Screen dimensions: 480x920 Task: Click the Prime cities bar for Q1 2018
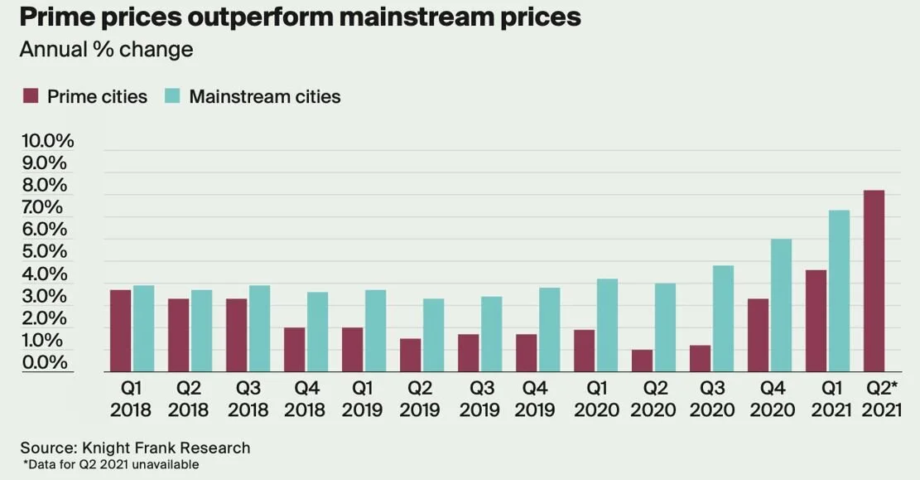point(121,330)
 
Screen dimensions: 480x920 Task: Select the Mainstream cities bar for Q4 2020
point(781,305)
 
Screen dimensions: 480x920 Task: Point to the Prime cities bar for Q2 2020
point(643,361)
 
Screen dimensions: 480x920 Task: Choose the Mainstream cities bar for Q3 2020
point(723,318)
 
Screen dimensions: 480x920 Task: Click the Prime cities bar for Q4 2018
point(294,349)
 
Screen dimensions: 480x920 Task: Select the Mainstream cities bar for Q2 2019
point(433,335)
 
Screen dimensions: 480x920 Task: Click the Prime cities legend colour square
point(31,97)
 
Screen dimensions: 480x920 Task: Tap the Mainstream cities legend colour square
point(172,97)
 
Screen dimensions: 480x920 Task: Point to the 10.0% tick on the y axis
point(47,140)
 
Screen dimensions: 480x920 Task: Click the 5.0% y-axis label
point(47,251)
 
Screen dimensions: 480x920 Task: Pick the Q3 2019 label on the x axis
point(480,398)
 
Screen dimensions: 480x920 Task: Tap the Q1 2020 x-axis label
point(596,398)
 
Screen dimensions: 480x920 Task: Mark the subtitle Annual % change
point(106,49)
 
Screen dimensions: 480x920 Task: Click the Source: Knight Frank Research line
point(135,448)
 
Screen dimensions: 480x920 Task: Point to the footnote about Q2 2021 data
point(111,465)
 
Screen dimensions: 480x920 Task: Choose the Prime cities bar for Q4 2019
point(527,352)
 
